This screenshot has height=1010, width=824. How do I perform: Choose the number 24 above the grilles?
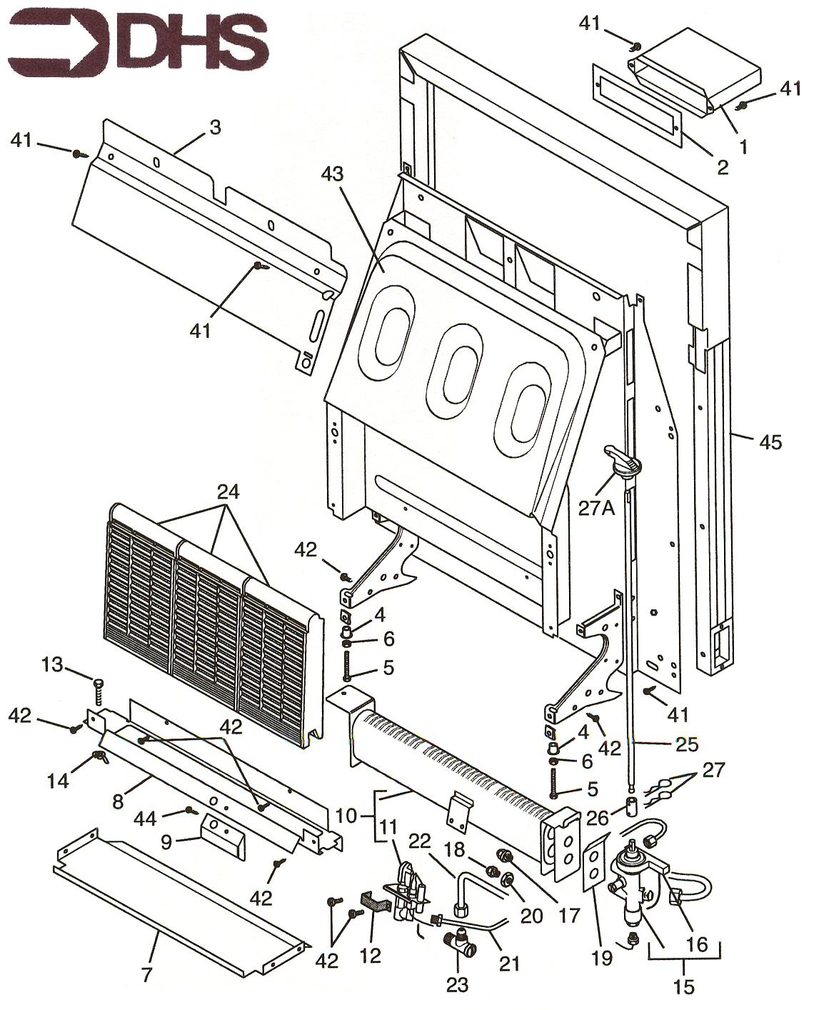coord(229,491)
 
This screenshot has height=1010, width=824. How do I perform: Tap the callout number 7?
coord(147,974)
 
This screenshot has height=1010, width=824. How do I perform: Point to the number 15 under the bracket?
coord(683,986)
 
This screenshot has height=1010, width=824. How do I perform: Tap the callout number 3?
coord(214,127)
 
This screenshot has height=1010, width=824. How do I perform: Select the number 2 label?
coord(723,167)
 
